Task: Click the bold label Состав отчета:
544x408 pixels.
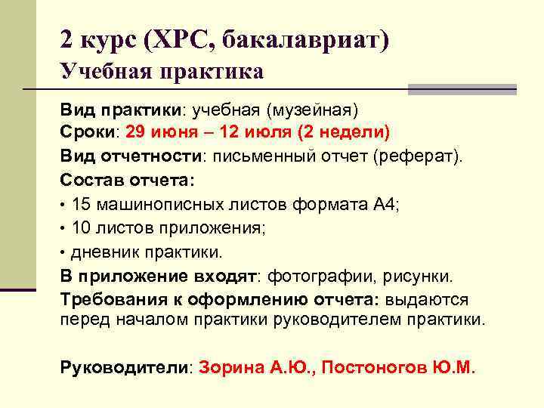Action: (x=127, y=181)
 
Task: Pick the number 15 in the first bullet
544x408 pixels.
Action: (x=81, y=204)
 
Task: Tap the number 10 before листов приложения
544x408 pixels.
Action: (x=81, y=227)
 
